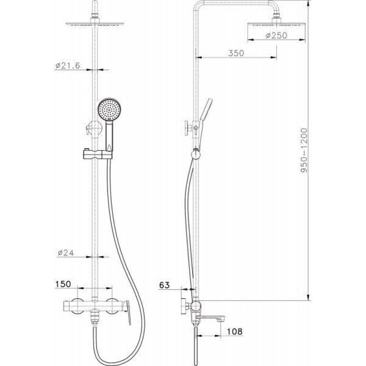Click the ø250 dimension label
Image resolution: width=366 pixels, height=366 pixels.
pyautogui.click(x=276, y=35)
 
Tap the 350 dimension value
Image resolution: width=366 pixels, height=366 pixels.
pyautogui.click(x=236, y=53)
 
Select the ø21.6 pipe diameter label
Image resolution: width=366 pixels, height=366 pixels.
pyautogui.click(x=68, y=66)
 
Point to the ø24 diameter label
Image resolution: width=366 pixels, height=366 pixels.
pyautogui.click(x=66, y=253)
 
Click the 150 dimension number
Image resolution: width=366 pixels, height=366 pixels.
pyautogui.click(x=63, y=284)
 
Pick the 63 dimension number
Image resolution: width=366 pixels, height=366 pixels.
pyautogui.click(x=164, y=285)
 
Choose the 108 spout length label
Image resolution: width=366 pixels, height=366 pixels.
pyautogui.click(x=235, y=331)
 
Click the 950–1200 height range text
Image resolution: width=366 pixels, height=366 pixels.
pyautogui.click(x=304, y=150)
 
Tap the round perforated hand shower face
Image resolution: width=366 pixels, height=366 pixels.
pyautogui.click(x=109, y=109)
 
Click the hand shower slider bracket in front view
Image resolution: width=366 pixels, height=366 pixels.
pyautogui.click(x=98, y=154)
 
